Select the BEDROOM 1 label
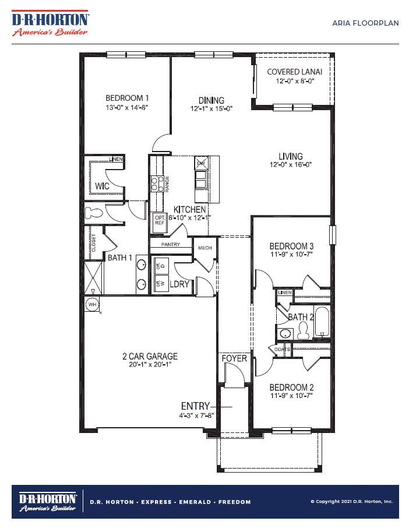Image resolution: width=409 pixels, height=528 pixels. (x=128, y=98)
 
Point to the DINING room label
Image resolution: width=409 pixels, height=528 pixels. (x=211, y=100)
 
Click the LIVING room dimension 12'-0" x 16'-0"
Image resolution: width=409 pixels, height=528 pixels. (x=291, y=165)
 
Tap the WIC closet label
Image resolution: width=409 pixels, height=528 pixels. (x=102, y=186)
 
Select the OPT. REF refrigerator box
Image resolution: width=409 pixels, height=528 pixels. (x=160, y=220)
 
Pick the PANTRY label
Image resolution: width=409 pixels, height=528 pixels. (x=171, y=245)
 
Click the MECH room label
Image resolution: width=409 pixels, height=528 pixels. (x=205, y=248)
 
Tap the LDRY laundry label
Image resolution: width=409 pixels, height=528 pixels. (x=178, y=284)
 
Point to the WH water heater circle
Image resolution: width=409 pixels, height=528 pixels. (x=92, y=304)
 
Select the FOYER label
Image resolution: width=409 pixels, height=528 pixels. (x=234, y=358)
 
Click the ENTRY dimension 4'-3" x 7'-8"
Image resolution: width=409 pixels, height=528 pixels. (x=198, y=416)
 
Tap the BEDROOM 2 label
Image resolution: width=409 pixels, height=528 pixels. (x=292, y=388)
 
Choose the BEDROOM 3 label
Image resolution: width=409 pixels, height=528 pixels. (x=292, y=245)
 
